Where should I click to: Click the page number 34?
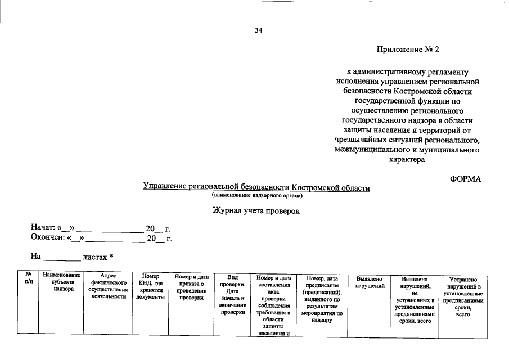(x=259, y=30)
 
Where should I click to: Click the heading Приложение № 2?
(x=408, y=49)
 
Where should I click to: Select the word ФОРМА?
(x=466, y=179)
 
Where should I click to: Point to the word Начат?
(x=43, y=228)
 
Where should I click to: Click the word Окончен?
(x=47, y=238)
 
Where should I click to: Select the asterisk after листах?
(x=112, y=256)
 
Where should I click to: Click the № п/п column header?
(x=28, y=277)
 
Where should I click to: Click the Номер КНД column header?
(x=150, y=286)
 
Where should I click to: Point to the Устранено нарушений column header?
(x=463, y=296)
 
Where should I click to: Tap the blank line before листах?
(x=62, y=258)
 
